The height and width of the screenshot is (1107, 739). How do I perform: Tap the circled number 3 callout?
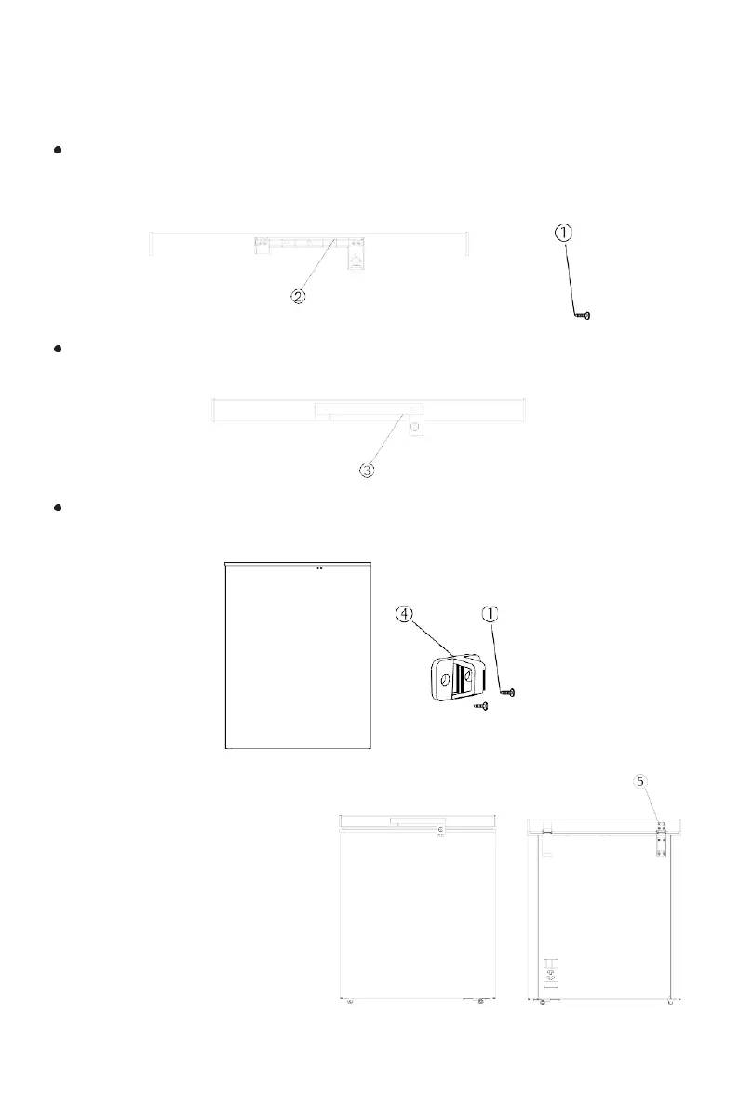click(x=368, y=471)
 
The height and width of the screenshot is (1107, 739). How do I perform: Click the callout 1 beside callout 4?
click(x=491, y=614)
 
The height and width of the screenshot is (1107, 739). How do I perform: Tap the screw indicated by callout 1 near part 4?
click(x=508, y=692)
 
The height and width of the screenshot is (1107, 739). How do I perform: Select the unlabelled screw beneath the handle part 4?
click(x=481, y=707)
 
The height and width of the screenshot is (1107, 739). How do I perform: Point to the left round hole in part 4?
click(x=445, y=681)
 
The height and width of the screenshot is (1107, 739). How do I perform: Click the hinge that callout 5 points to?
click(x=662, y=834)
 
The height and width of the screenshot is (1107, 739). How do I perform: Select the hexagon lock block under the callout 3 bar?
click(x=414, y=427)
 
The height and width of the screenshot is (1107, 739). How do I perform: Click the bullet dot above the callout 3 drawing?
click(x=58, y=349)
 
